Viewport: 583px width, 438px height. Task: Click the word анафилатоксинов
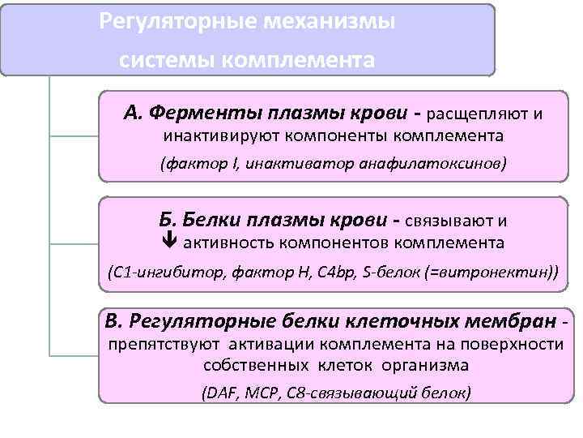click(x=442, y=164)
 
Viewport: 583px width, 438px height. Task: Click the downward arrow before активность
click(x=169, y=242)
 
